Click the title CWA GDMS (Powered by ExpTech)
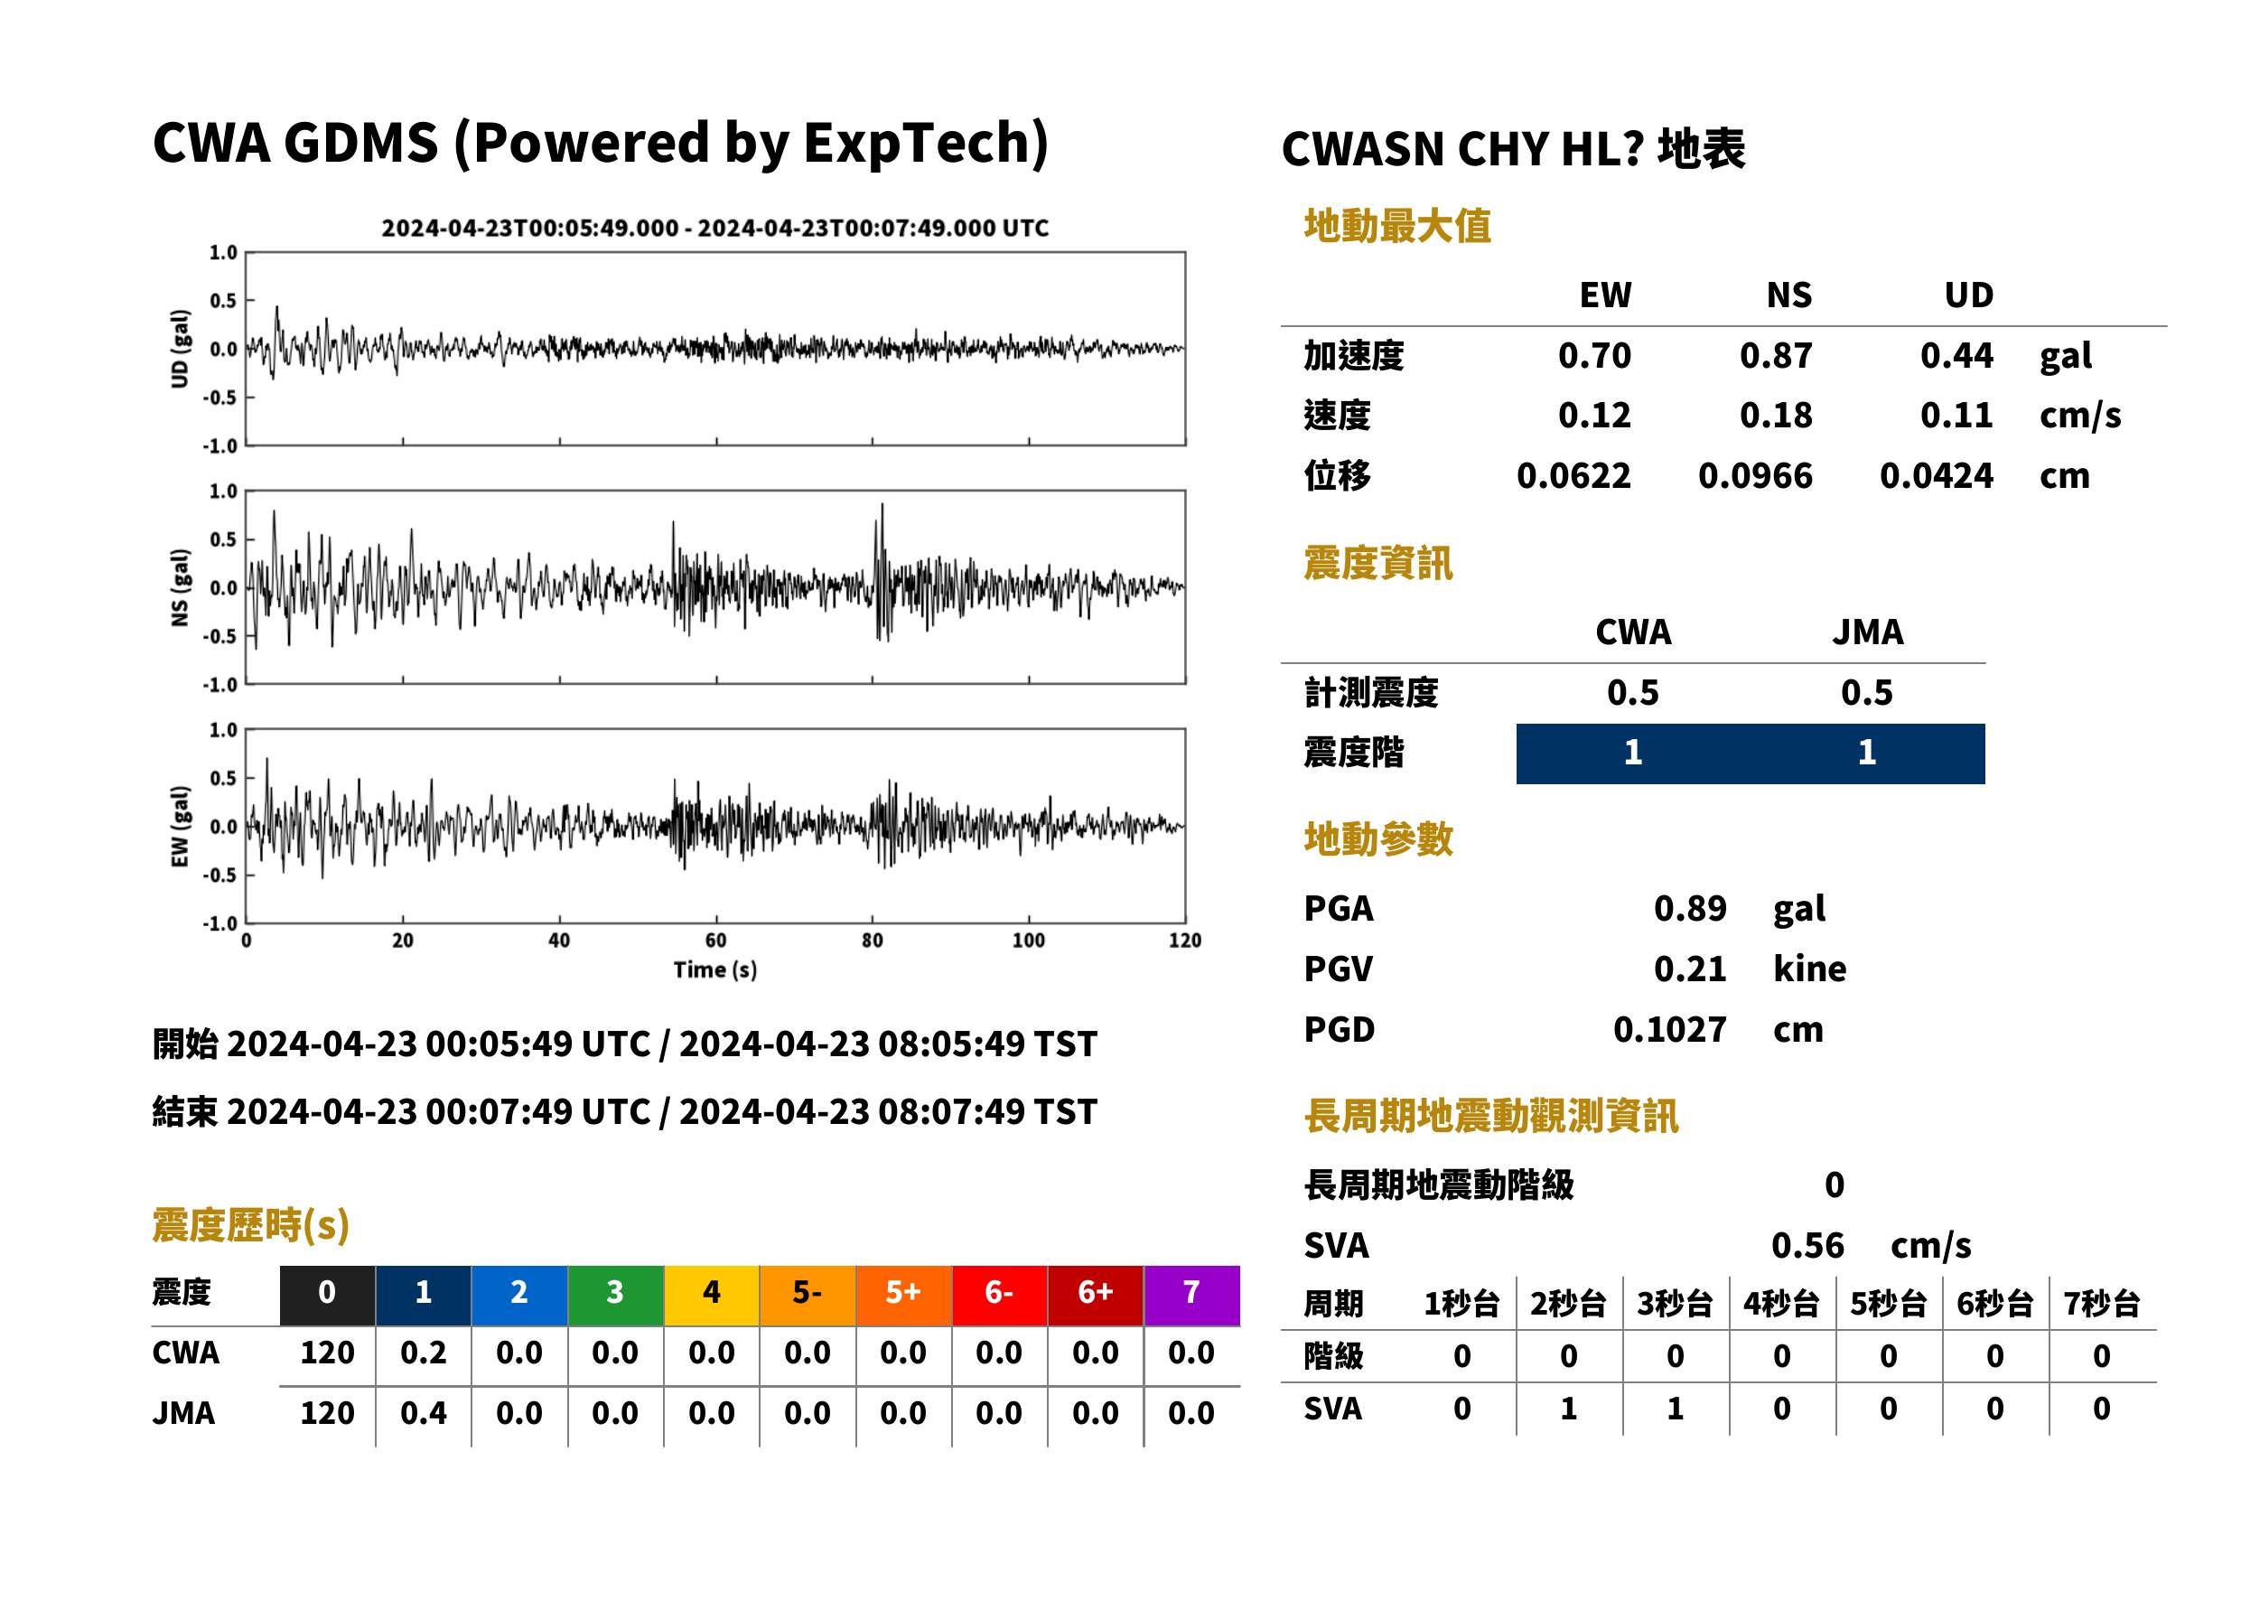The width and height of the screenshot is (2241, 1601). (600, 143)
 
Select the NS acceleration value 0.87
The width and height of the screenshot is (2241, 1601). (1775, 355)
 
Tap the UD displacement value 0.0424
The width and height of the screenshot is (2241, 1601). (1936, 476)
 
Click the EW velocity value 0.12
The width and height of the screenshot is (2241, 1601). (1593, 415)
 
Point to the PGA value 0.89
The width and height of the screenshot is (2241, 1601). (1689, 908)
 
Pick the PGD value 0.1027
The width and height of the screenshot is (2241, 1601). (1669, 1029)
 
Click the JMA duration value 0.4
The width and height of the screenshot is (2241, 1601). (423, 1414)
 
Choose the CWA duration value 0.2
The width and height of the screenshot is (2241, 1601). (423, 1353)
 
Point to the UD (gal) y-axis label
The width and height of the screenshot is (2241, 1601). (180, 349)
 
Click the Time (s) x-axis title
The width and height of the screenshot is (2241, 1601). (715, 970)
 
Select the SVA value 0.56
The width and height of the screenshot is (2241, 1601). (1807, 1246)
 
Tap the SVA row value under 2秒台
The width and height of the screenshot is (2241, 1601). (1568, 1409)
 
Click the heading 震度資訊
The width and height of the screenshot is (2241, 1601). (1377, 563)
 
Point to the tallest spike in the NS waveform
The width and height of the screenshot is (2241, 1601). (882, 506)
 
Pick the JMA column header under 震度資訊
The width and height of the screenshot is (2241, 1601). (1868, 632)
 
